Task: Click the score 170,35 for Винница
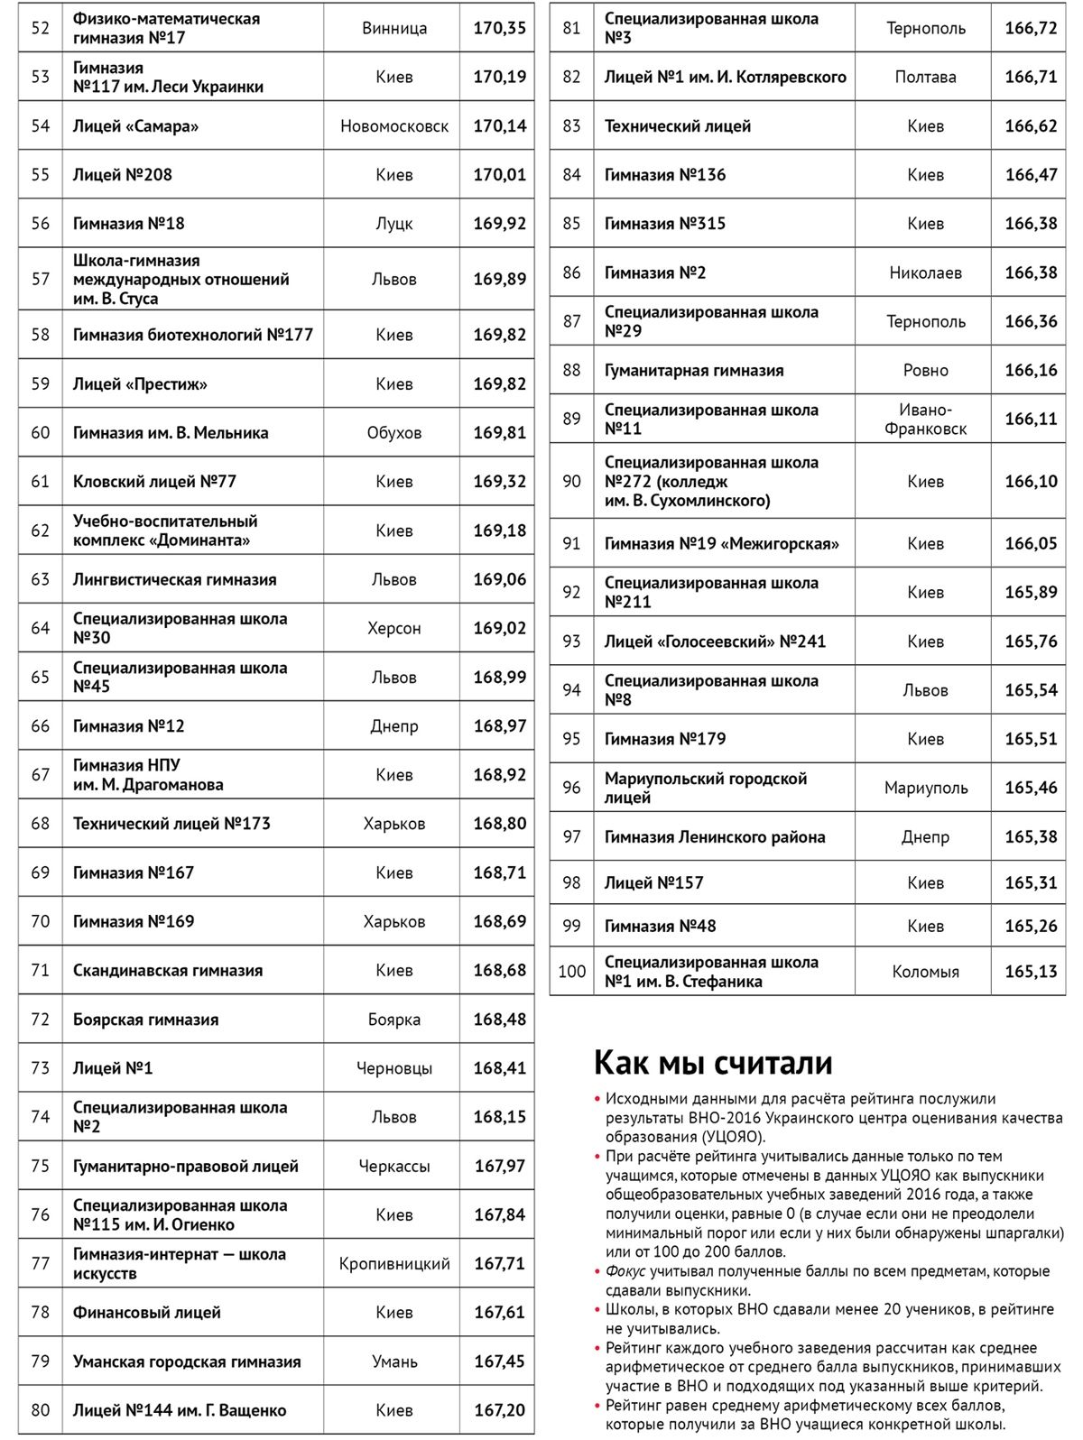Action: (x=499, y=28)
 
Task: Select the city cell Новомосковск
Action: (x=394, y=126)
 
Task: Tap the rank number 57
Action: (x=41, y=279)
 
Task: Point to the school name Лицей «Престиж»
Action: (x=140, y=384)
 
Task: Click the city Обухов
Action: (x=394, y=433)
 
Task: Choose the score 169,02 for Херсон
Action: (x=499, y=628)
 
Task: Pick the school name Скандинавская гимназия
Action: (x=168, y=971)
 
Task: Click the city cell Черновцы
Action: (x=394, y=1068)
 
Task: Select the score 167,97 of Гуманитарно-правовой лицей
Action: (x=499, y=1167)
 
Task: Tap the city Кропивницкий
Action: (x=394, y=1264)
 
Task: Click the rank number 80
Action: (x=41, y=1410)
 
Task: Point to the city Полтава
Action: (x=925, y=78)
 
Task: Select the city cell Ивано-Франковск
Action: (x=925, y=420)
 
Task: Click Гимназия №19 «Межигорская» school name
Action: (x=721, y=544)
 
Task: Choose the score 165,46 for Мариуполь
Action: (x=1031, y=788)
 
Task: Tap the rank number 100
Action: (x=572, y=972)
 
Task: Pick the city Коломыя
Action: (x=925, y=972)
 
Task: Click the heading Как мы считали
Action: (x=713, y=1063)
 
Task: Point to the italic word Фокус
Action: (x=625, y=1271)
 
